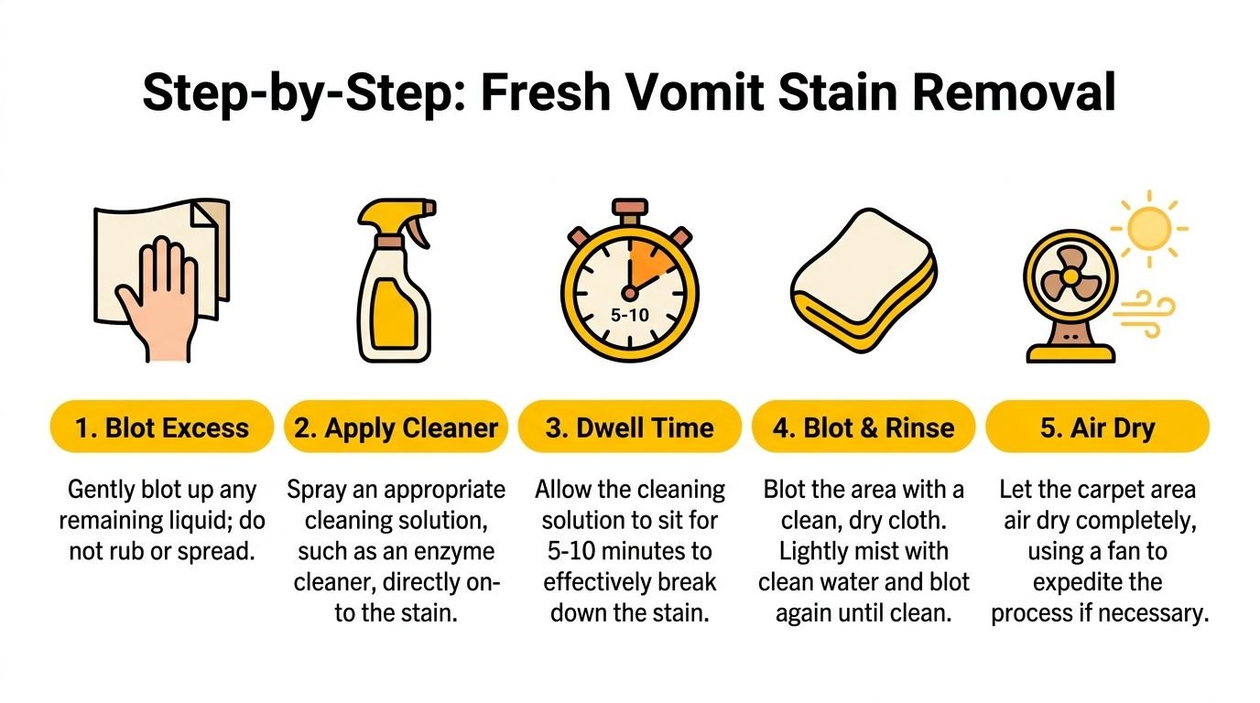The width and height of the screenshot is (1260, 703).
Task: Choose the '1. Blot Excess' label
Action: pos(162,427)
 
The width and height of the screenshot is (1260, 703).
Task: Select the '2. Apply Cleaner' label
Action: pos(396,427)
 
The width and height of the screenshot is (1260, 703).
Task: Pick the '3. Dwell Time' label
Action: pos(630,427)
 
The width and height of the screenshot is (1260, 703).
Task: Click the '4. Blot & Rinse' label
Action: pos(864,427)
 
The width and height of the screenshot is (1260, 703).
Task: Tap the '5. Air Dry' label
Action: pos(1097,427)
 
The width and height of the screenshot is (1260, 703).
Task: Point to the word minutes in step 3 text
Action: pos(645,551)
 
